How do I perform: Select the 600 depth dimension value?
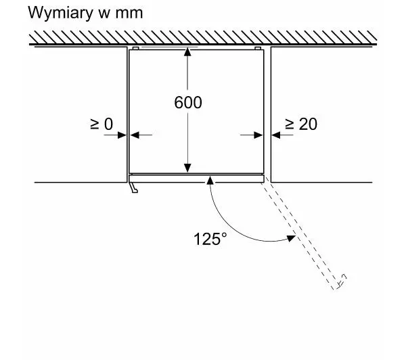point(188,103)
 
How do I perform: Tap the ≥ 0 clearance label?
point(101,124)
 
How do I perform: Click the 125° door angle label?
point(210,239)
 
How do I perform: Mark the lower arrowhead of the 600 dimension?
point(189,168)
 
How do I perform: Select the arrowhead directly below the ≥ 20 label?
point(277,135)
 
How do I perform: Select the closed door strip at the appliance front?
point(196,178)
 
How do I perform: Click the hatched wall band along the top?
point(203,38)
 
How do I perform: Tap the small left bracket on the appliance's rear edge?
point(137,49)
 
